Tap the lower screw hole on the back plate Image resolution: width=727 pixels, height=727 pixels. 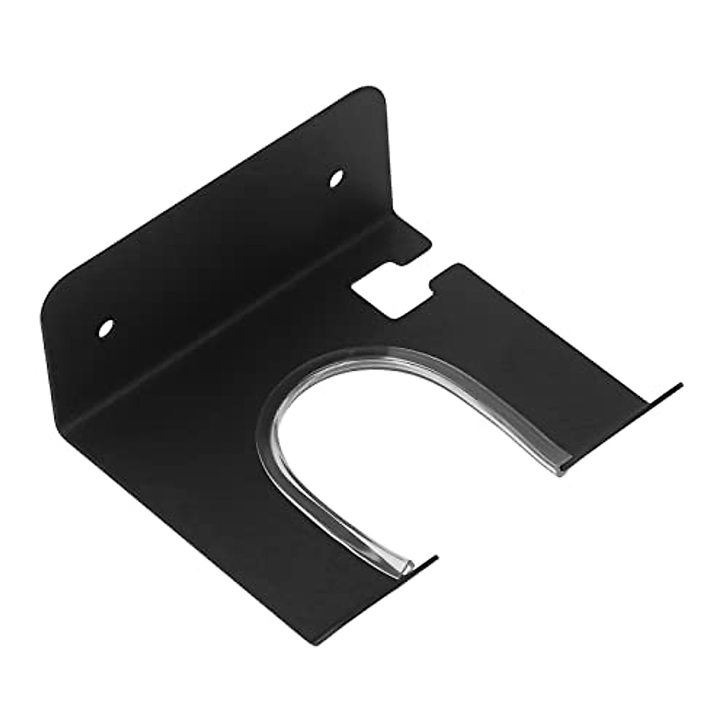(107, 328)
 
